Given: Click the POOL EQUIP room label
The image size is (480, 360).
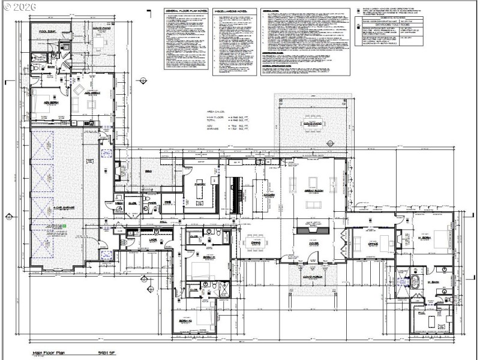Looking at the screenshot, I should coord(47,31).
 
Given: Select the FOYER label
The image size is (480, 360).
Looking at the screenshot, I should coord(313,244).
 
